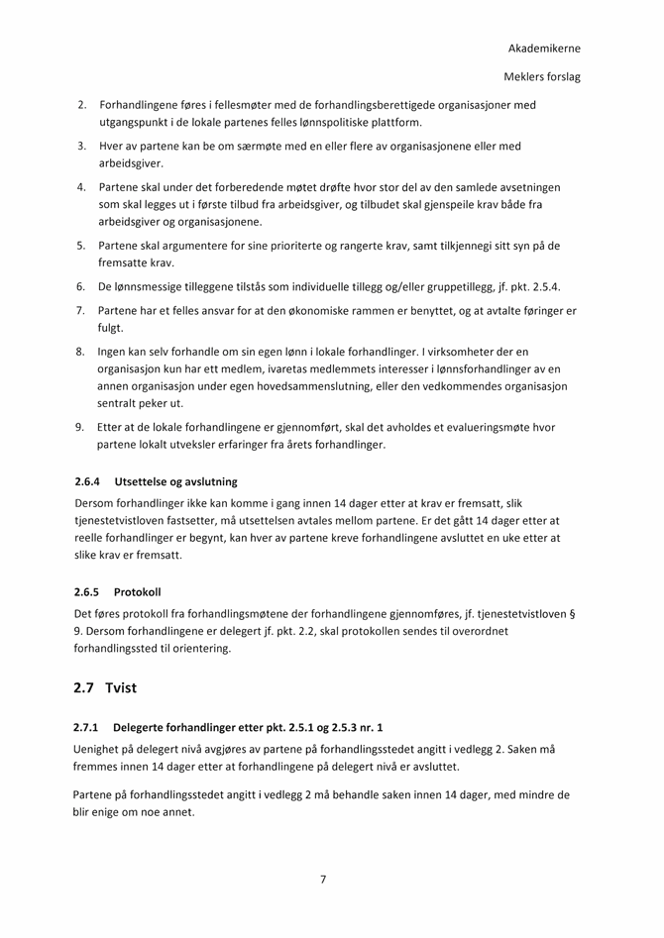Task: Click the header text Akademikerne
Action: tap(544, 48)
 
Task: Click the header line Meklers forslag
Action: tap(541, 76)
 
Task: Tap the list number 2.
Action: tap(82, 104)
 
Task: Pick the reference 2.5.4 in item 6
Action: tap(545, 286)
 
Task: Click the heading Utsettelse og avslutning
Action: tap(175, 481)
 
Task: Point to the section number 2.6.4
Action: tap(88, 481)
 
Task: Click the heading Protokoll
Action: tap(137, 591)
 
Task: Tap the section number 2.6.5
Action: tap(88, 591)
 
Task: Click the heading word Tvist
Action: tap(121, 687)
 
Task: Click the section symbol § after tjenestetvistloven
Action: tap(574, 613)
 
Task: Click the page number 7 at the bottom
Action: tap(323, 879)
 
